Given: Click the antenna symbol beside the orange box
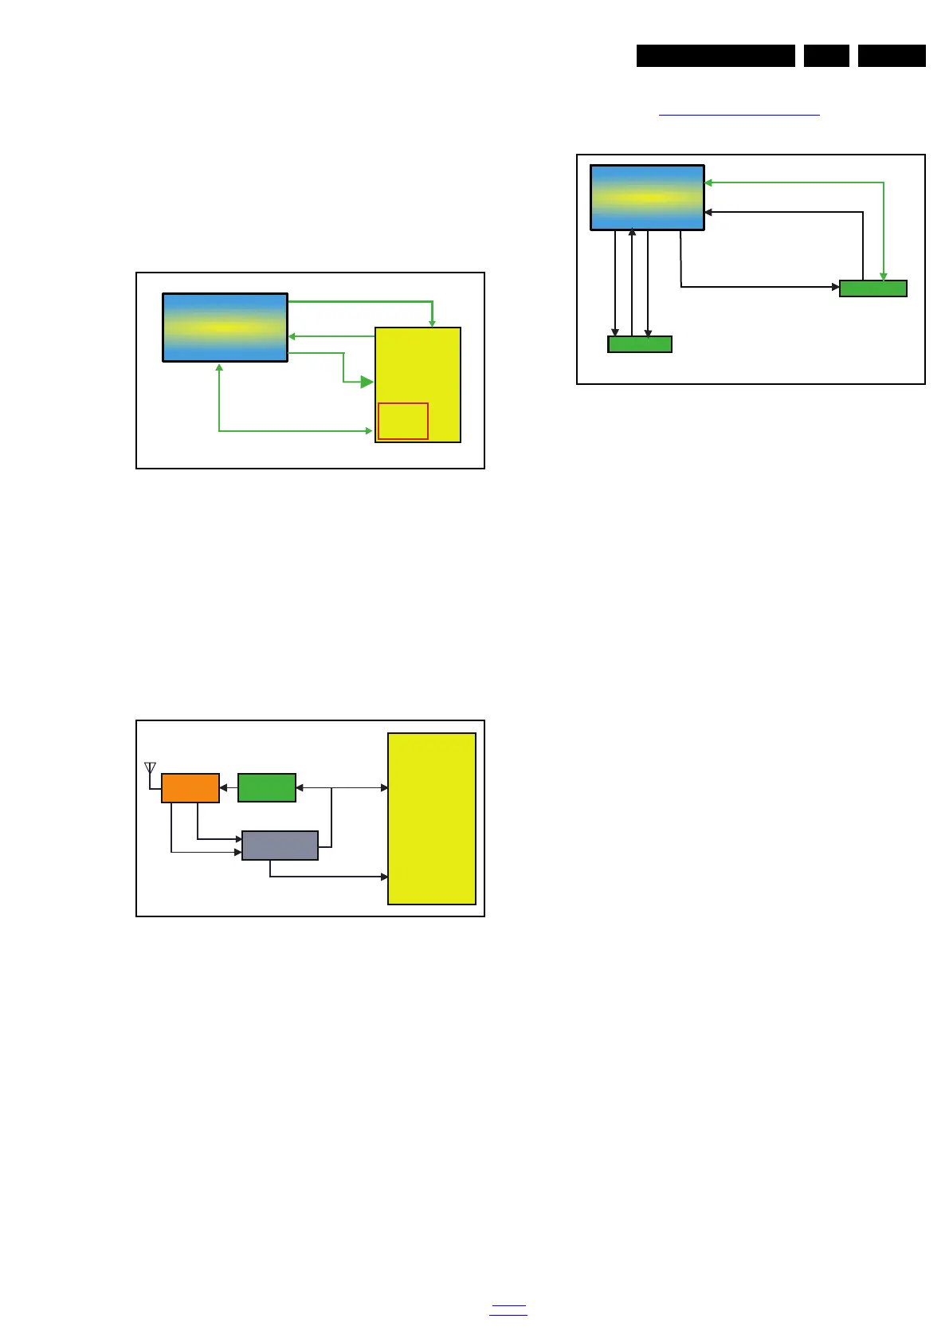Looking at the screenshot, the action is coord(150,769).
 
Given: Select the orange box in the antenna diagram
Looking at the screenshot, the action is coord(190,788).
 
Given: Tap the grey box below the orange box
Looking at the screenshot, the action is coord(280,846).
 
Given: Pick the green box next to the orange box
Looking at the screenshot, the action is coord(267,788).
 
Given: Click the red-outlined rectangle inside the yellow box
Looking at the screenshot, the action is coord(403,421).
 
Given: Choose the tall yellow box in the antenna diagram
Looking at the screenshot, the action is coord(432,818).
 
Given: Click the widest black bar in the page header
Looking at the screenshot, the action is coord(716,56).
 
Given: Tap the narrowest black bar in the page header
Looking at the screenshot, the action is coord(826,56).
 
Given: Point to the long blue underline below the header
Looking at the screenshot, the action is coord(739,116).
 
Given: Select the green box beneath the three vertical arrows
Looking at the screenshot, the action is coord(640,344).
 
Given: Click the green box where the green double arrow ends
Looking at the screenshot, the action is coord(873,288).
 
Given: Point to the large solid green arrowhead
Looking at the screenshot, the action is coord(367,383).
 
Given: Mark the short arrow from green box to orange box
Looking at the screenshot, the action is coord(229,788).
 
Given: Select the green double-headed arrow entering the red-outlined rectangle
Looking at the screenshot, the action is coord(295,431).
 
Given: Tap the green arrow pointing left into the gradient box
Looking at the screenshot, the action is coord(331,336).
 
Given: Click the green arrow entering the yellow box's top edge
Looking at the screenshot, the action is coord(432,314).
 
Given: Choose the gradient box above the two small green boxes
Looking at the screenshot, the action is coord(647,198).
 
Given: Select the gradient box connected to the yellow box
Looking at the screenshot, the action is coord(225,328).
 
